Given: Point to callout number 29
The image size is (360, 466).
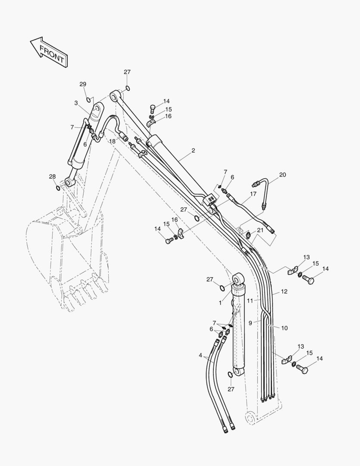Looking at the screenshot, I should click(x=82, y=84).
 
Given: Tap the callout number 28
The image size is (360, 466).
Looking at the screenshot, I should click(x=52, y=176).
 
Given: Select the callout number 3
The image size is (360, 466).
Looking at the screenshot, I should click(x=76, y=103).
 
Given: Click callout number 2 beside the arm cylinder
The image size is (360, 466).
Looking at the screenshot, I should click(x=193, y=151).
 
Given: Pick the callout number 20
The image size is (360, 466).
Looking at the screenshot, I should click(x=282, y=175).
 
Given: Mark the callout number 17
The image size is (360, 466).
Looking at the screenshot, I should click(x=253, y=194).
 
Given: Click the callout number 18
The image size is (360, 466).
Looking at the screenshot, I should click(x=112, y=141).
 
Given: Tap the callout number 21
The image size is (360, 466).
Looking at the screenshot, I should click(x=260, y=230).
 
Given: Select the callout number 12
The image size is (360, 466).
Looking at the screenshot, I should click(x=284, y=292).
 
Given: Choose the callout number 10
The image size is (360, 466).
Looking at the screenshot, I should click(x=284, y=328).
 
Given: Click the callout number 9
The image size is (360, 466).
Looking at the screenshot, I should click(x=250, y=322).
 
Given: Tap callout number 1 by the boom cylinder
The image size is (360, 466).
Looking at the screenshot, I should click(x=220, y=303).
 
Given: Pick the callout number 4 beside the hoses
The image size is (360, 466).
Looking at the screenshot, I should click(x=200, y=355).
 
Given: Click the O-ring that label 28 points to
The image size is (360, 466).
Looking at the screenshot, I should click(x=58, y=188).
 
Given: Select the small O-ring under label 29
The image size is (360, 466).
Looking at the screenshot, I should click(x=88, y=100).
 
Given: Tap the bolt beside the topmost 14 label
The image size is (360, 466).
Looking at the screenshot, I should click(x=152, y=108).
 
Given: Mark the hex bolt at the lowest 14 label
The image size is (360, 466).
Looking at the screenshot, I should click(x=304, y=369).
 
